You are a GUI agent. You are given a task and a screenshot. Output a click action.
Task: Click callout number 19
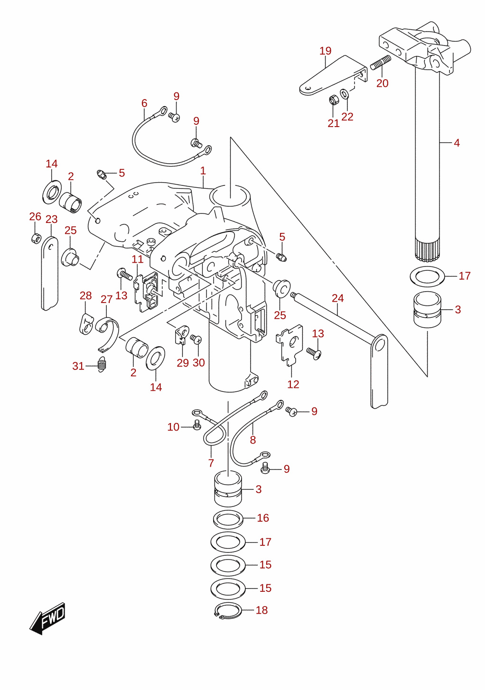pos(325,51)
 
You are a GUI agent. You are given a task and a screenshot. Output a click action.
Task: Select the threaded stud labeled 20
pos(380,62)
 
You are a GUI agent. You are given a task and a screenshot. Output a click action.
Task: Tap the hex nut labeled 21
pos(333,100)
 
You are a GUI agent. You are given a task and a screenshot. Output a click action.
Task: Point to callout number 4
pos(457,143)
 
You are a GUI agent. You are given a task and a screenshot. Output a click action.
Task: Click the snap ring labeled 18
pos(228,610)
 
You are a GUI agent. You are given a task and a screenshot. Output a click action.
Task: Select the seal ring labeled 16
pos(228,519)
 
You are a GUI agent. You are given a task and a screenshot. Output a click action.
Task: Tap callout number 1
pos(203,171)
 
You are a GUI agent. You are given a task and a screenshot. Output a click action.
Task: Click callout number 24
pos(337,298)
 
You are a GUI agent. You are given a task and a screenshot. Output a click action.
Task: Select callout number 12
pos(293,384)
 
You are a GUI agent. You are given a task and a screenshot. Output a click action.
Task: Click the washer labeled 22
pos(345,93)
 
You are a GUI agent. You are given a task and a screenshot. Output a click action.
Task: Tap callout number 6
pos(144,103)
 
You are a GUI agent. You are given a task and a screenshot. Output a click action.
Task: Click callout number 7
pos(211,463)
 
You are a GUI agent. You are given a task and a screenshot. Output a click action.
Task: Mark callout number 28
pos(86,296)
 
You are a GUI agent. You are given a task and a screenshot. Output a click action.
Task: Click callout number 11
pos(138,259)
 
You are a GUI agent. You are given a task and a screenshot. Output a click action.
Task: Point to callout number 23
pos(52,219)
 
